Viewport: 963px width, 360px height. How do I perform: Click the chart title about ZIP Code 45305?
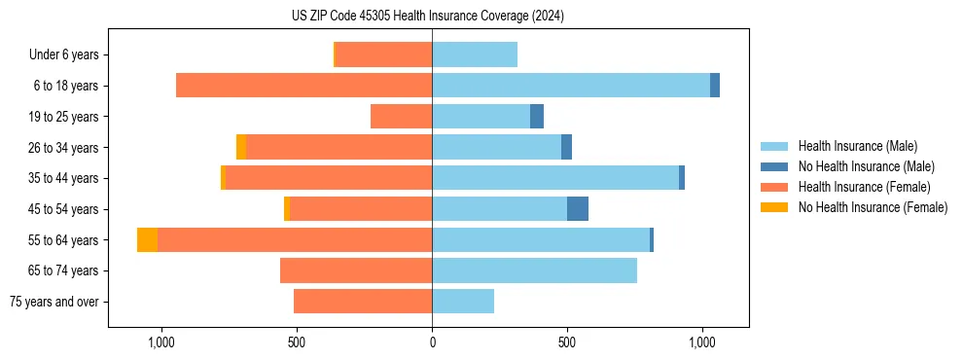[428, 16]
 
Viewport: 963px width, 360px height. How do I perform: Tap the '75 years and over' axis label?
[54, 302]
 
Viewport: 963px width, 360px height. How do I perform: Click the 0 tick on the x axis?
[432, 342]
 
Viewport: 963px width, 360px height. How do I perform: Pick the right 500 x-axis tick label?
[567, 342]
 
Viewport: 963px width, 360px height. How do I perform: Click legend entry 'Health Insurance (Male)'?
[857, 147]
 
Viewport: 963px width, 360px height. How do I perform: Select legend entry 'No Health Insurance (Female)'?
[873, 207]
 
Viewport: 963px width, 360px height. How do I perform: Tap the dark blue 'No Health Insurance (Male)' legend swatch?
[775, 167]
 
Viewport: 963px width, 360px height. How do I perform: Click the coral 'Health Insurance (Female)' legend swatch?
[775, 187]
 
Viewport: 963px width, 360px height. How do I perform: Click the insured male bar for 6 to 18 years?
[571, 86]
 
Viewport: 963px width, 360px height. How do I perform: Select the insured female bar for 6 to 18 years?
[303, 86]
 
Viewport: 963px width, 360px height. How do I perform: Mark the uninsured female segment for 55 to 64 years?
[147, 240]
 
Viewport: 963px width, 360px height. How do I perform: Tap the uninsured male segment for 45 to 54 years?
[578, 209]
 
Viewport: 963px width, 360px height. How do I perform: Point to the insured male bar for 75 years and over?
[463, 302]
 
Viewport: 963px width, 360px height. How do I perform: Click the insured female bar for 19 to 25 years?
[401, 117]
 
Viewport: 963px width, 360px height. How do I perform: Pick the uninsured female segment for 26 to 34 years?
[241, 147]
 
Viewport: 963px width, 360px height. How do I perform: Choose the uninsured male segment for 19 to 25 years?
[537, 117]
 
